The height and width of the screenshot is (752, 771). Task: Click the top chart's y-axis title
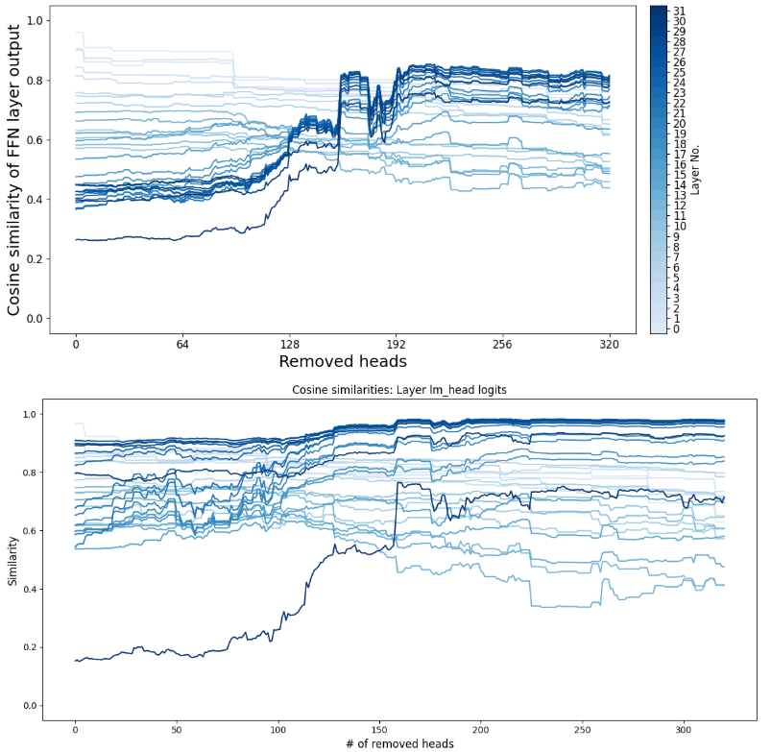coord(14,168)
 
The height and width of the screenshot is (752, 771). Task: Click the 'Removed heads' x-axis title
coord(342,361)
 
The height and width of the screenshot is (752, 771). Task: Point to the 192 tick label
coord(397,343)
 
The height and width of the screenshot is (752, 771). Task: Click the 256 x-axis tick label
coord(503,343)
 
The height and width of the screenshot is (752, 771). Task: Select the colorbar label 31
coord(680,11)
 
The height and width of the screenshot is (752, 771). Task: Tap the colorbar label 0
coord(677,329)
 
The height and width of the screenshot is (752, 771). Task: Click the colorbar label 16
coord(680,165)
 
